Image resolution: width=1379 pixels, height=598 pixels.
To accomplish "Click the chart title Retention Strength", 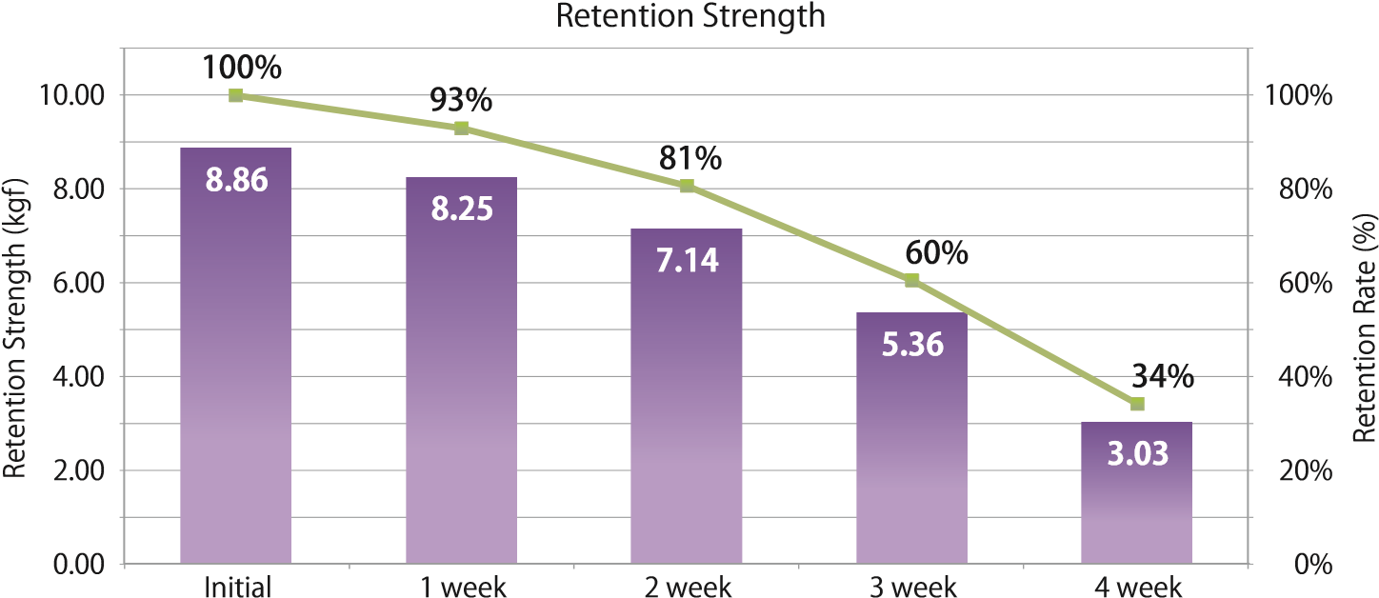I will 690,15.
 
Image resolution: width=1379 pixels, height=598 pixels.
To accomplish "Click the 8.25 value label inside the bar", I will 462,209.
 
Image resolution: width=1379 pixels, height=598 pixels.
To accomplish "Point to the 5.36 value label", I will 911,344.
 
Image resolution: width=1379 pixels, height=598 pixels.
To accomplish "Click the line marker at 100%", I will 236,95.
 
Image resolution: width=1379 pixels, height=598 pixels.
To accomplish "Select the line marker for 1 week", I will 462,128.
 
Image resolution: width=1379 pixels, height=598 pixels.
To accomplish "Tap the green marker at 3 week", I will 911,280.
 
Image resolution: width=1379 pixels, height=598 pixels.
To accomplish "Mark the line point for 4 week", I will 1136,404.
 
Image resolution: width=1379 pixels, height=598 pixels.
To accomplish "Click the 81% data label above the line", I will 689,159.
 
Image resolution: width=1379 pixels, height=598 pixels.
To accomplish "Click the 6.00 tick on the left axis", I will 80,283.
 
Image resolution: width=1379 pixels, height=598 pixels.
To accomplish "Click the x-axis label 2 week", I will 687,586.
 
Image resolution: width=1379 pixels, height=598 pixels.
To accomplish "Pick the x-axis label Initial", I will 237,586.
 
